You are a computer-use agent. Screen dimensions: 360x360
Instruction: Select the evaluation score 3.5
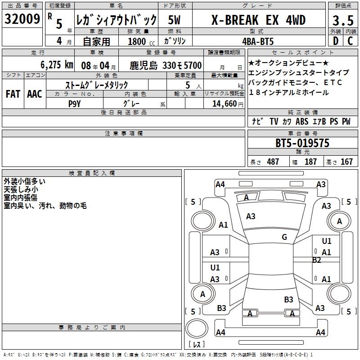click(x=342, y=21)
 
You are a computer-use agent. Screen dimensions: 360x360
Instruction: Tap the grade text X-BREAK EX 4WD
click(x=258, y=20)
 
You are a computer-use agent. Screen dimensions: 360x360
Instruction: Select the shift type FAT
click(x=13, y=94)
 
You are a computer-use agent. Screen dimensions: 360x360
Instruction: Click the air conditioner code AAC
click(x=34, y=94)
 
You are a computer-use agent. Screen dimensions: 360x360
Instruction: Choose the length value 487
click(x=273, y=162)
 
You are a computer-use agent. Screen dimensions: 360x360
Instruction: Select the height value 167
click(x=346, y=162)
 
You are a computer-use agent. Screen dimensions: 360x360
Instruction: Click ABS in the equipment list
click(x=302, y=121)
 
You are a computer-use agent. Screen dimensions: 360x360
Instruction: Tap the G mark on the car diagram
click(x=284, y=237)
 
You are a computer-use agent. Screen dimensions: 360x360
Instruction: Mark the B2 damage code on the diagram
click(x=317, y=260)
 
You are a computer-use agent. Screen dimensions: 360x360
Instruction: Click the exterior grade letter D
click(x=335, y=41)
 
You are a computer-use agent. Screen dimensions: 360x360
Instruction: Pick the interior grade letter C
click(x=350, y=41)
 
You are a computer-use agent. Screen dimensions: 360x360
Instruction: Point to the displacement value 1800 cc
click(x=137, y=41)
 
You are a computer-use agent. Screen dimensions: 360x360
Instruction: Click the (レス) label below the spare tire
click(x=197, y=345)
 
